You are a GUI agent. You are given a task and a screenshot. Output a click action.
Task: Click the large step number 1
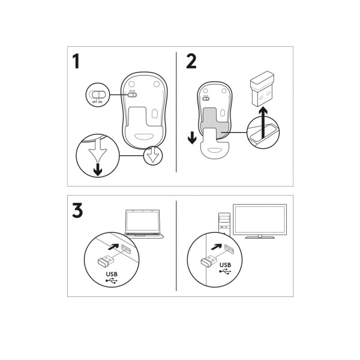pos(76,62)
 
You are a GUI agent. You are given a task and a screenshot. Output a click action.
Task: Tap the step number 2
pos(191,62)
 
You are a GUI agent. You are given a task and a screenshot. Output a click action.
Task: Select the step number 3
pos(77,211)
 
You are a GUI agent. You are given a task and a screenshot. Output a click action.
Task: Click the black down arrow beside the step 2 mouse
pos(192,138)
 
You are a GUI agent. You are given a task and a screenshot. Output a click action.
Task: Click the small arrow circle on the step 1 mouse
pos(153,155)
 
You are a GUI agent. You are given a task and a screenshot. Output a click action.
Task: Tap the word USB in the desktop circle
pos(225,265)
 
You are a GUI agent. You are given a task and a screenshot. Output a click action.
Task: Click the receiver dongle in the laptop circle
pos(106,262)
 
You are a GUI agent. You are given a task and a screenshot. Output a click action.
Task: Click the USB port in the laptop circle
pos(126,248)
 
